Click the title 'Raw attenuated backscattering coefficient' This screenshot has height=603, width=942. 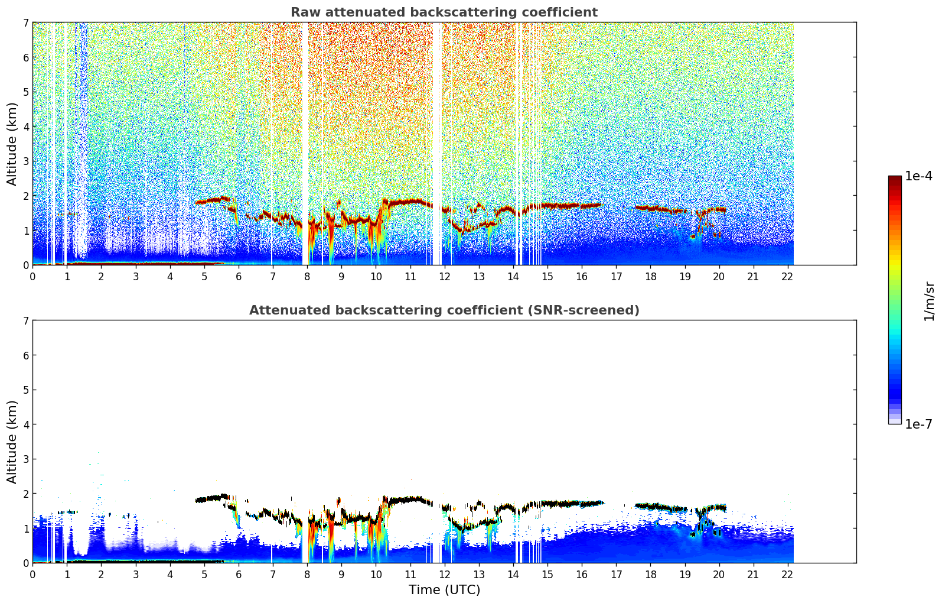coord(444,12)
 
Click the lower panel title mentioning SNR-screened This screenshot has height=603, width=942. coord(444,310)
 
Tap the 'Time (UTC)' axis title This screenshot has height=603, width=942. coord(444,590)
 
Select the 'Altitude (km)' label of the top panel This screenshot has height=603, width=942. coord(12,144)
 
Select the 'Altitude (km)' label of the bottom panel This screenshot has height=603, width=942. coord(12,442)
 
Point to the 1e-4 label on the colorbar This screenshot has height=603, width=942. coord(918,176)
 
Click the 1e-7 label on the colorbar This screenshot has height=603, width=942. coord(918,424)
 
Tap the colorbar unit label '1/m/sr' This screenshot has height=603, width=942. coord(929,301)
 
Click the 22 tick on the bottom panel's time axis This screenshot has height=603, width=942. coord(787,574)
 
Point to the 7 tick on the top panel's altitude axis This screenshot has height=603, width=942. coord(26,22)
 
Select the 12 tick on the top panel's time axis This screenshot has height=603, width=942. coord(444,276)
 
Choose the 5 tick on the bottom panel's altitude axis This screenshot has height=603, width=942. coord(26,390)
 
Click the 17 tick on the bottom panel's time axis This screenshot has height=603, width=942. coord(616,574)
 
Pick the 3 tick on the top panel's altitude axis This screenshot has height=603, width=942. coord(26,161)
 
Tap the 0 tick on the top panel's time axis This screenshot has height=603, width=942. coord(32,276)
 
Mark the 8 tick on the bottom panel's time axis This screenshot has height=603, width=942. coord(307,574)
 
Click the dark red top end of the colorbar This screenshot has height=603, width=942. coord(894,179)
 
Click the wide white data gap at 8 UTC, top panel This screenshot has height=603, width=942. coord(305,142)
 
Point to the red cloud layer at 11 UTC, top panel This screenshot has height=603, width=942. coord(410,202)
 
